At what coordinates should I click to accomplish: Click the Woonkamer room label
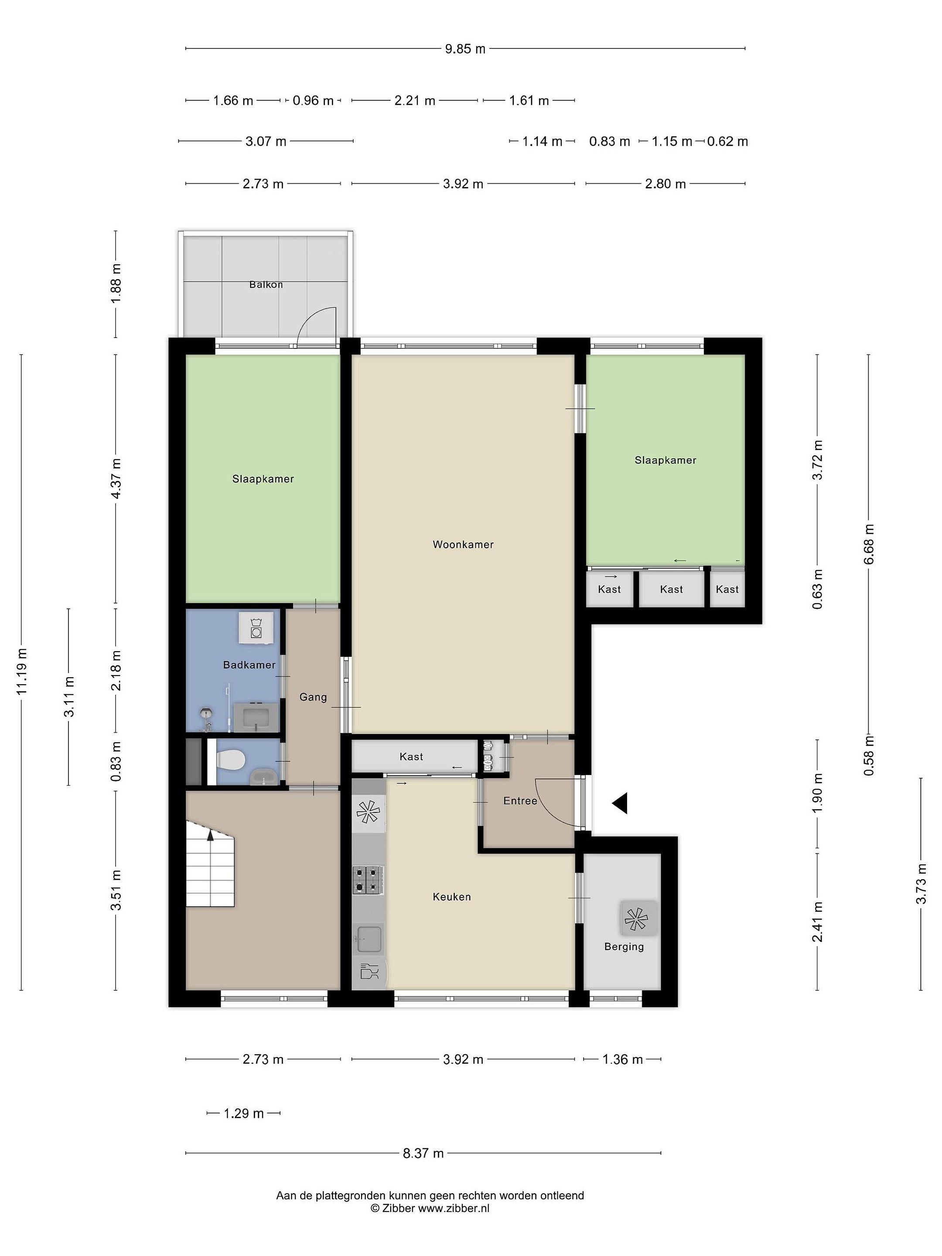[x=463, y=545]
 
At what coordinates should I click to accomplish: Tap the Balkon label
[x=266, y=284]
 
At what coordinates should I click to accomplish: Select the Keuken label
[x=451, y=897]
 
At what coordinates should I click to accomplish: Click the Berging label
[x=624, y=946]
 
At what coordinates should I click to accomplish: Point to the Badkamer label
[x=249, y=665]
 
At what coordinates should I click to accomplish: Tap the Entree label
[x=520, y=801]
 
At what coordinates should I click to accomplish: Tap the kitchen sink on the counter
[x=369, y=938]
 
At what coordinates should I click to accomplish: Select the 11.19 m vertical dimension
[x=21, y=672]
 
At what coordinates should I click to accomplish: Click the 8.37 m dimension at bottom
[x=423, y=1153]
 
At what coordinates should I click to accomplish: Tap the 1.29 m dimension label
[x=244, y=1113]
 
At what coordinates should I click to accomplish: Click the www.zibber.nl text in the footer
[x=454, y=1208]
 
